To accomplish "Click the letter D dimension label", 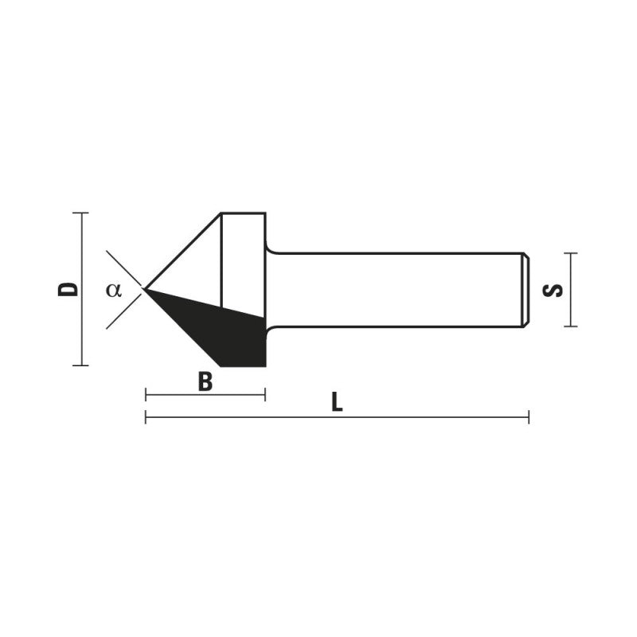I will pos(71,288).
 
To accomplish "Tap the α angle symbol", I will pos(114,289).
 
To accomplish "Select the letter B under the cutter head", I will pos(205,383).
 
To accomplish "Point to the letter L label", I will pos(337,404).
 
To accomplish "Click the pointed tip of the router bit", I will pos(145,288).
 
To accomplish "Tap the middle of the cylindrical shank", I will pos(394,289).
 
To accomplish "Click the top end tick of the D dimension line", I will pos(80,213).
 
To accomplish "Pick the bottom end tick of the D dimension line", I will pos(80,365).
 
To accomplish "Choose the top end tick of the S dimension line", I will pos(569,253).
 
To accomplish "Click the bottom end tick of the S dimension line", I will pos(569,326).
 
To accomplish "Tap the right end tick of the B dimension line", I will pos(264,394).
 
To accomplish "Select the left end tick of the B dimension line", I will pos(146,394).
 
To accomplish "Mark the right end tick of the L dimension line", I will pos(528,416).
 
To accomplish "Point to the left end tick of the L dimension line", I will pos(146,416).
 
